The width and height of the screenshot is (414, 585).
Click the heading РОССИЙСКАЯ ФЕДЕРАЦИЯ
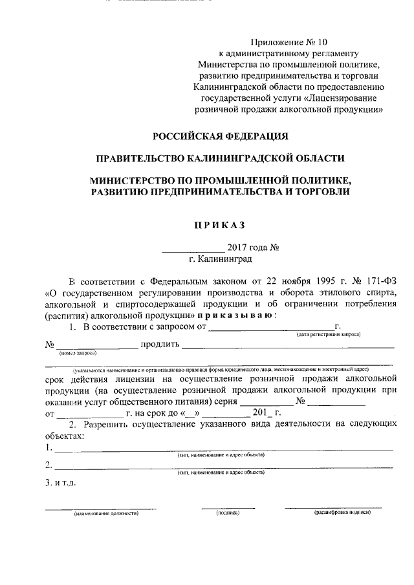[x=220, y=136]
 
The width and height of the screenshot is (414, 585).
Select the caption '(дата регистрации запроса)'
[x=329, y=334]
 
